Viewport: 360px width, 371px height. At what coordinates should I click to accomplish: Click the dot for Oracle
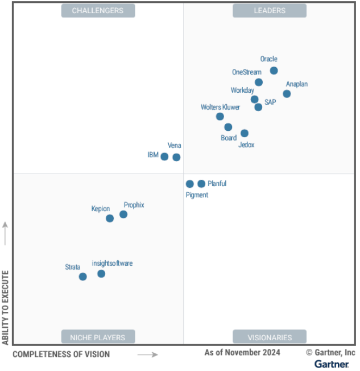[x=274, y=71]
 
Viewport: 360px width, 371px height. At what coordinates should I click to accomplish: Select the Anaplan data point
[x=287, y=94]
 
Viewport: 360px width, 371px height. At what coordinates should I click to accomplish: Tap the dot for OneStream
[x=259, y=82]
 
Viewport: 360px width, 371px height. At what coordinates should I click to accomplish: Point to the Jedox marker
[x=245, y=133]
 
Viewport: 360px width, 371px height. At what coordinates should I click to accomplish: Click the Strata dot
[x=83, y=277]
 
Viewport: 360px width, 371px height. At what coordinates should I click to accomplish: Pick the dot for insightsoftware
[x=101, y=274]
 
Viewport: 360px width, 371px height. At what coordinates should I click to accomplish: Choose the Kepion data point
[x=110, y=218]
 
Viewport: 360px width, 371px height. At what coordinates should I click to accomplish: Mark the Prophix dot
[x=123, y=215]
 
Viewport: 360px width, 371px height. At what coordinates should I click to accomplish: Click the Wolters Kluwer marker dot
[x=220, y=117]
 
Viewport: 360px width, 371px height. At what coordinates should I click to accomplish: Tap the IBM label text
[x=153, y=155]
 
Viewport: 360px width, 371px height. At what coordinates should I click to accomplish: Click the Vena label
[x=174, y=146]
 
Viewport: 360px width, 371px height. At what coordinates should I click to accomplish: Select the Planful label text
[x=217, y=184]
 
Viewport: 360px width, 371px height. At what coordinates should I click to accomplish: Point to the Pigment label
[x=197, y=195]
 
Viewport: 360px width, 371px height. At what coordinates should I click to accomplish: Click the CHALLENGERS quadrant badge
[x=98, y=10]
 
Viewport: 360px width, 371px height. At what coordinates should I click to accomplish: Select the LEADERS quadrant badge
[x=270, y=10]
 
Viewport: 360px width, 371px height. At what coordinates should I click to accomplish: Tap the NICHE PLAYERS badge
[x=98, y=337]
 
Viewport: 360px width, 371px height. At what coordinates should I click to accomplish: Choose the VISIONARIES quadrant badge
[x=270, y=337]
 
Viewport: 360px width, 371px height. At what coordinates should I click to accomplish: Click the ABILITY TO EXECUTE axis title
[x=6, y=307]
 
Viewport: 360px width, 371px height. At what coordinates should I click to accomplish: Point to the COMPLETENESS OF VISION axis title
[x=61, y=354]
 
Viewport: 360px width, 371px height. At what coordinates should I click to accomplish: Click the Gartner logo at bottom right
[x=332, y=364]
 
